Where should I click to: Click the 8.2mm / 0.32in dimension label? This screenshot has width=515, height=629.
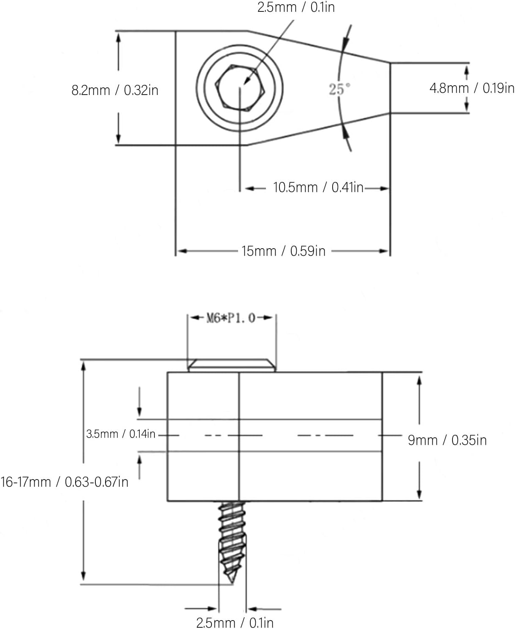(115, 90)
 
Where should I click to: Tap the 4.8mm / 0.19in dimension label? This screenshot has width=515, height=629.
(472, 88)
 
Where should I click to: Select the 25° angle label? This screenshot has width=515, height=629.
(340, 89)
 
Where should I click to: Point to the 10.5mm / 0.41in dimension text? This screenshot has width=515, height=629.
(318, 187)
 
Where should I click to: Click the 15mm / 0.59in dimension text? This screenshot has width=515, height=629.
(283, 251)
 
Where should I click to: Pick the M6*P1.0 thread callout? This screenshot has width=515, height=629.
(231, 318)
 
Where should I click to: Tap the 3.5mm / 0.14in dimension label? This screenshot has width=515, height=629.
(121, 434)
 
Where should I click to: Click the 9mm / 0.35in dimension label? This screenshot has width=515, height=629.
(447, 440)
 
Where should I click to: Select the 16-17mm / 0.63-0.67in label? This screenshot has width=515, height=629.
(65, 482)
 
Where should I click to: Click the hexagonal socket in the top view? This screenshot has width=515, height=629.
(240, 88)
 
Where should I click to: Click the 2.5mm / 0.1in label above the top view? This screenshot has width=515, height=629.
(296, 8)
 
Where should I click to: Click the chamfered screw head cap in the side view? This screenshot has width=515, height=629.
(232, 365)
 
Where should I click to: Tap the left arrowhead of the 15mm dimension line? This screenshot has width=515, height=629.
(182, 251)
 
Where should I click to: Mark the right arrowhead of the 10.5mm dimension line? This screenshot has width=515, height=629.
(384, 189)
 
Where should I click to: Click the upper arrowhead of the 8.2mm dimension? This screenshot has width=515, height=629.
(118, 38)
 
